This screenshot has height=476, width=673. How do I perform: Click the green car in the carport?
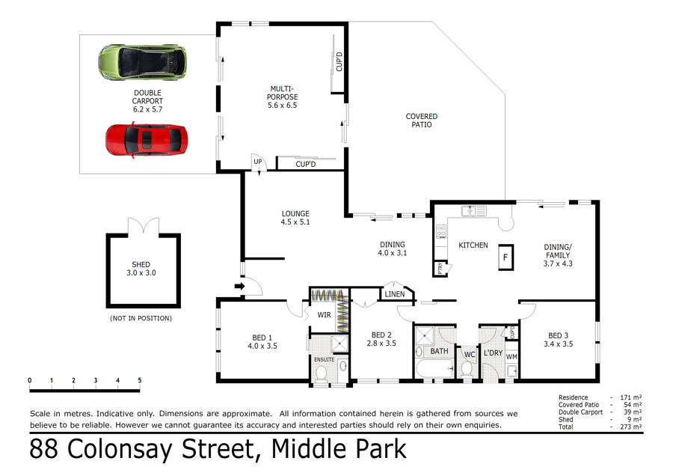coord(143,62)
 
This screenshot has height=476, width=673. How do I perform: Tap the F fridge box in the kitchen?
coord(505,257)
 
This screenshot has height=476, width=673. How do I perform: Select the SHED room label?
coord(141,265)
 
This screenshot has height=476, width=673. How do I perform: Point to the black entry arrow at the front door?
coord(239,286)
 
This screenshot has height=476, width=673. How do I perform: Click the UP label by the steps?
coord(257,162)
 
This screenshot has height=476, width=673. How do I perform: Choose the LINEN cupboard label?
coord(394,294)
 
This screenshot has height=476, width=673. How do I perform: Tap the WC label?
coord(470,355)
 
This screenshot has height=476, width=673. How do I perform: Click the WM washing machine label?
coord(511,356)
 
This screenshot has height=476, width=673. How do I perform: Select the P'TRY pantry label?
coord(440,269)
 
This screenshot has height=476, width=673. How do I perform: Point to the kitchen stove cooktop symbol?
coord(441,231)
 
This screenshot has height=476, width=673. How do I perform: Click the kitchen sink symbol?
coord(474,211)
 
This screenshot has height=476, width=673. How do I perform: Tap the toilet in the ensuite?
coord(321,373)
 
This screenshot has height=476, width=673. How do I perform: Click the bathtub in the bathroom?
coord(434,369)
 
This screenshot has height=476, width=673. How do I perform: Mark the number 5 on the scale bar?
coord(140,380)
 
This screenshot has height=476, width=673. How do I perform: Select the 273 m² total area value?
coord(630,427)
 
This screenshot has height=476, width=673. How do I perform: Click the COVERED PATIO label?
coord(422,120)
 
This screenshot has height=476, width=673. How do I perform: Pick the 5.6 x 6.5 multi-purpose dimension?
coord(282,106)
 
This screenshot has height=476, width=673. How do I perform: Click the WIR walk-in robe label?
coord(324,315)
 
